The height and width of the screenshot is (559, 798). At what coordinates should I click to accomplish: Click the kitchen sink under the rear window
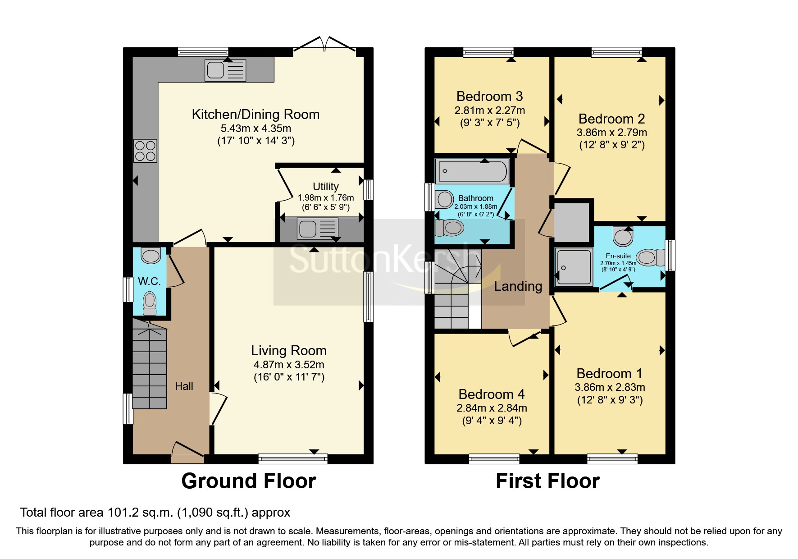[225, 70]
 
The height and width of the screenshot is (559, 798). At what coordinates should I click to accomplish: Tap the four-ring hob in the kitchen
[145, 151]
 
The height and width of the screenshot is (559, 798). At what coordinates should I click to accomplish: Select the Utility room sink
[317, 229]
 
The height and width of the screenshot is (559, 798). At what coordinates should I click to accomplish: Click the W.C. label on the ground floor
[149, 281]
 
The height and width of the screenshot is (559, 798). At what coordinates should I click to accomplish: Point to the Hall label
[184, 386]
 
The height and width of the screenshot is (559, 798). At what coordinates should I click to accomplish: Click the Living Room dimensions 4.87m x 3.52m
[289, 365]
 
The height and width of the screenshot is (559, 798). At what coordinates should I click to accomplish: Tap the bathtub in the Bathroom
[473, 171]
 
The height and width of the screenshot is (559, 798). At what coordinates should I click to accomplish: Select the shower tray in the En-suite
[574, 267]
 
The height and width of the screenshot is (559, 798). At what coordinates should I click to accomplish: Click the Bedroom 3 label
[489, 96]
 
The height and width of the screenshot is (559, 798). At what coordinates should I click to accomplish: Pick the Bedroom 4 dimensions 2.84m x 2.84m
[492, 408]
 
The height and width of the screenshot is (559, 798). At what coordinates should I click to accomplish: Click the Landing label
[518, 286]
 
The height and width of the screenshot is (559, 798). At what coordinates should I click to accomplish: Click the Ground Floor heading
[248, 481]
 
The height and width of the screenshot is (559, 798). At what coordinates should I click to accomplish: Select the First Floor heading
[547, 481]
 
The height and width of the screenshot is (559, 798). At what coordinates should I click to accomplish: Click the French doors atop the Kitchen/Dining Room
[324, 45]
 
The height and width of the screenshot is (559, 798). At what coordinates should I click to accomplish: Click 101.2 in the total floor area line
[121, 513]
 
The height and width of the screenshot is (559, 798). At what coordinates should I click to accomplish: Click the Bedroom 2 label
[611, 119]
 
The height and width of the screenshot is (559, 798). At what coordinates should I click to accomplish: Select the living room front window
[293, 459]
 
